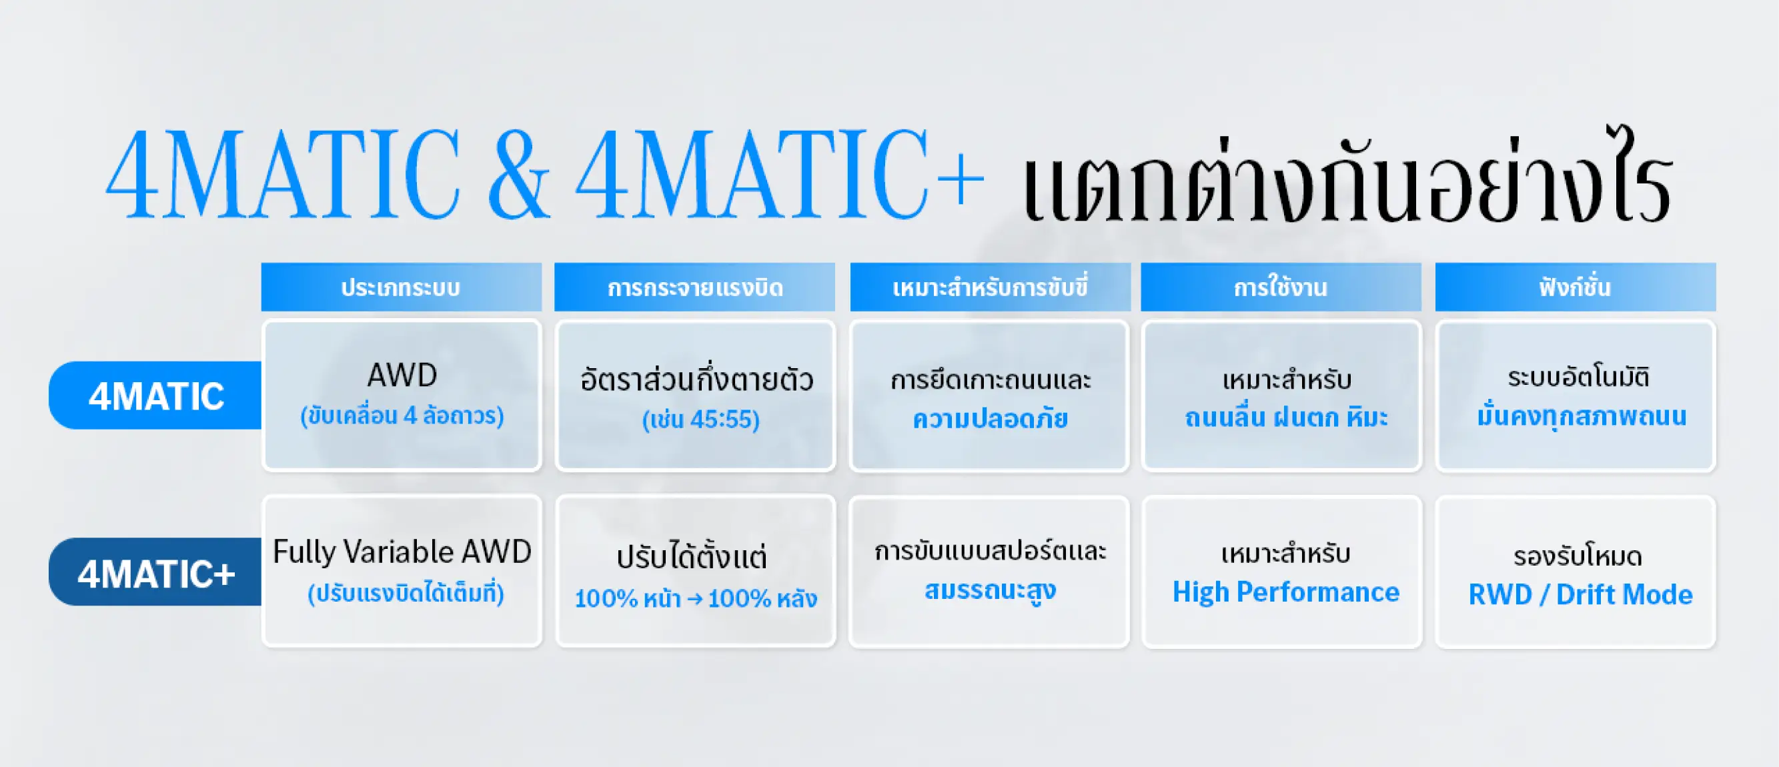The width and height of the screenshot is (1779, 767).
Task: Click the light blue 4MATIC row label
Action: pos(155,396)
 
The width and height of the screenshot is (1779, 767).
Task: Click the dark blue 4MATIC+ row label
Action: pos(155,572)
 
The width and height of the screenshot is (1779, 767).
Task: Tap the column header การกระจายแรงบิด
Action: pos(695,287)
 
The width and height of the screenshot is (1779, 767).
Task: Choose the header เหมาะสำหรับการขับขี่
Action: pos(991,287)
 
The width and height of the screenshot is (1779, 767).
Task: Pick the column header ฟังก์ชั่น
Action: pos(1576,287)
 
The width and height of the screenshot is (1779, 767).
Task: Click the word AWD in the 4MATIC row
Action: pos(402,375)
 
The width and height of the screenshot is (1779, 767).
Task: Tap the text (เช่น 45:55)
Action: pos(701,420)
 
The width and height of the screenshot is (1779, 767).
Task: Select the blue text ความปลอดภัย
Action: pos(991,418)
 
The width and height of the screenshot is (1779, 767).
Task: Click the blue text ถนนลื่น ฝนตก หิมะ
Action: pos(1286,417)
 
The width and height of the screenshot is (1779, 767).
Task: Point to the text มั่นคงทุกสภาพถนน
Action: pos(1582,416)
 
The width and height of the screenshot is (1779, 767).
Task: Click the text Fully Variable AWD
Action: pos(402,552)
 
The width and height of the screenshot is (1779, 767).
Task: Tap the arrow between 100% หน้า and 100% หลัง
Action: pos(695,598)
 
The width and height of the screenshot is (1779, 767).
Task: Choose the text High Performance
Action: pos(1286,592)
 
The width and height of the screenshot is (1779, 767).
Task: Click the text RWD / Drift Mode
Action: pos(1580,594)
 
